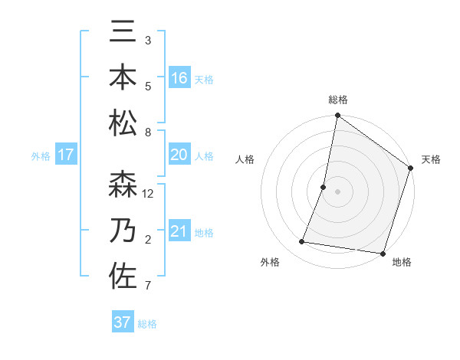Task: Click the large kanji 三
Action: tap(123, 34)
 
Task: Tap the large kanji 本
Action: tap(123, 78)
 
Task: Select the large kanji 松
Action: tap(123, 123)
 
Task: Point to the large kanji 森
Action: tap(123, 186)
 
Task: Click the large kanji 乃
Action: tap(123, 231)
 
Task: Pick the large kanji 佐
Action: tap(123, 276)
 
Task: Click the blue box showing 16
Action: tap(179, 78)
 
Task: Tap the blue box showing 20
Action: tap(179, 155)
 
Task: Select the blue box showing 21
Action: tap(179, 231)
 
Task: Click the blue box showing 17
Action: tap(66, 155)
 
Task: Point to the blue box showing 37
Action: tap(123, 322)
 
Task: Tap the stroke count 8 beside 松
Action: tap(148, 133)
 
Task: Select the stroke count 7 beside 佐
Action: tap(148, 286)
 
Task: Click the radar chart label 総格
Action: tap(338, 100)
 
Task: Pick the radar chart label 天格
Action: tap(432, 159)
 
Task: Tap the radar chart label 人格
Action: tap(245, 159)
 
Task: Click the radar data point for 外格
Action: tap(302, 242)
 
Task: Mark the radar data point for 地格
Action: tap(383, 253)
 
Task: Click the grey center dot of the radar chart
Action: tap(338, 191)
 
